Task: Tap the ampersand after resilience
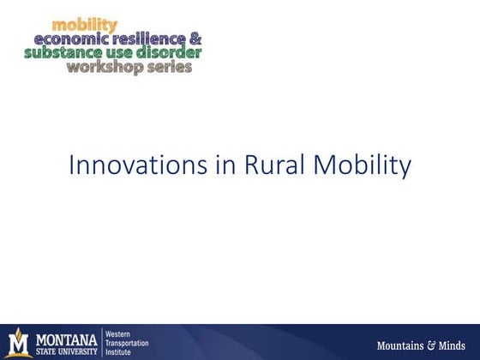pyautogui.click(x=195, y=39)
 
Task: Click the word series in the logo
pyautogui.click(x=165, y=66)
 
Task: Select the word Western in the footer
pyautogui.click(x=118, y=332)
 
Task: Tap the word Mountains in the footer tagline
pyautogui.click(x=401, y=345)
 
